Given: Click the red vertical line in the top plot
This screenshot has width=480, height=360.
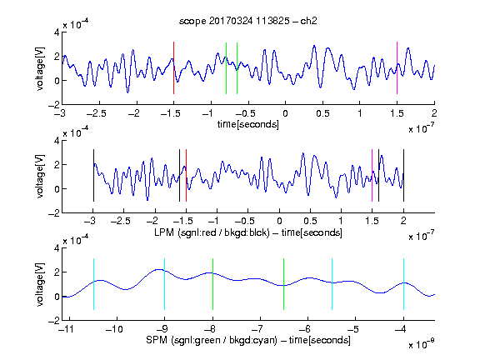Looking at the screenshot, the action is point(173,67).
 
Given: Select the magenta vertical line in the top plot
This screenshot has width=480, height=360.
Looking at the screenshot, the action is point(397,67).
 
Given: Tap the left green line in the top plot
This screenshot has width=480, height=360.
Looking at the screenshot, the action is point(226,68).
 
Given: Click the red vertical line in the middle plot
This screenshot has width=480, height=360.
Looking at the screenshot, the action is point(186,175).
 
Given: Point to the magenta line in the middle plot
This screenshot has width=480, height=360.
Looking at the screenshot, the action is point(372,175).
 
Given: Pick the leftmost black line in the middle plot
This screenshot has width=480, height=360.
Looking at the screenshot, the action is point(93,175).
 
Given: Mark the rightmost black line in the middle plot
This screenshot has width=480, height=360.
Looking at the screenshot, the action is point(403,175).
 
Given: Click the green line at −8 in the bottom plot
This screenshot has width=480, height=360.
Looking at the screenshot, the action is point(212,284).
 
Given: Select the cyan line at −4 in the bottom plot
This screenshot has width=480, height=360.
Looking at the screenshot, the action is point(403,284).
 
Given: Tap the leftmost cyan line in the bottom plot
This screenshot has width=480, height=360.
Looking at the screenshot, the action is point(93,284).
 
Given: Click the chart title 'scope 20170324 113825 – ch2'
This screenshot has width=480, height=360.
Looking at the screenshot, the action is point(248,21).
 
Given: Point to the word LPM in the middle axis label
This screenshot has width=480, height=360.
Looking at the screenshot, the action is point(164,232).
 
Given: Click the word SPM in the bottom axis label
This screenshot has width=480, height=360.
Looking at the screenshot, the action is point(157,340).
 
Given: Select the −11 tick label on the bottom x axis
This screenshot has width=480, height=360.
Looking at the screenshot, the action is point(66,329).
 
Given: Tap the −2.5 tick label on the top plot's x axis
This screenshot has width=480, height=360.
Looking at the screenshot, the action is point(96,113).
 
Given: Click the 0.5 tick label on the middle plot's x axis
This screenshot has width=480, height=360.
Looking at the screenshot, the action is point(310,221).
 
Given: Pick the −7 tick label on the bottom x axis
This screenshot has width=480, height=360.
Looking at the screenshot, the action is point(259,329).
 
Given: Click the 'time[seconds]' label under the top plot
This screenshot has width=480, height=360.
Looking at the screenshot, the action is point(248,124).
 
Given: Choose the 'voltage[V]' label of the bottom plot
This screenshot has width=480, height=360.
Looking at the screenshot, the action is point(40,284).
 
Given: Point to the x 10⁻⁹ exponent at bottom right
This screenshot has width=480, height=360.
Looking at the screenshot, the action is point(421,343).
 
